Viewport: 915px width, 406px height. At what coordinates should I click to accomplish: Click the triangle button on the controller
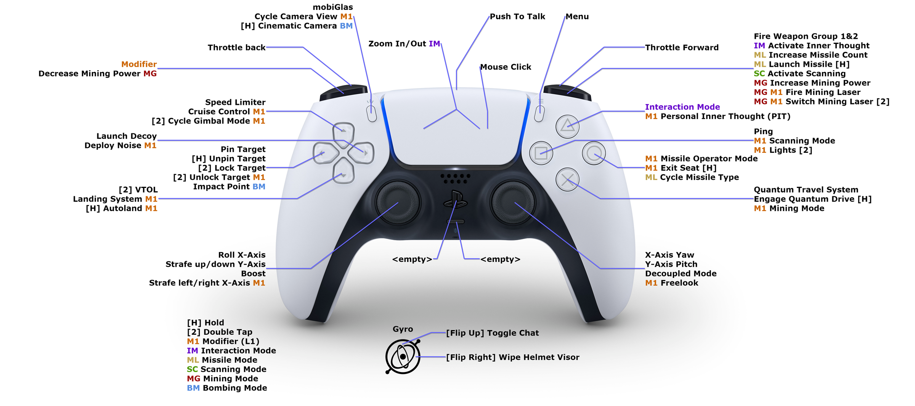(x=567, y=126)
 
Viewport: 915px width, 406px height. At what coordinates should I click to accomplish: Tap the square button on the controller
(x=541, y=153)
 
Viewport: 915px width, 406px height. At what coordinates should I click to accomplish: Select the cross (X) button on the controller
(x=567, y=180)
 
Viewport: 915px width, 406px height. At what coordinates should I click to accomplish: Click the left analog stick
(x=398, y=202)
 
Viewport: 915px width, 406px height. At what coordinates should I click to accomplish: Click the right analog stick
(x=513, y=202)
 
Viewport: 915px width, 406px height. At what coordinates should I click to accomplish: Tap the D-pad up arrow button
(x=344, y=132)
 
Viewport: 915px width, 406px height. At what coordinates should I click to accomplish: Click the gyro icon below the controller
(x=403, y=356)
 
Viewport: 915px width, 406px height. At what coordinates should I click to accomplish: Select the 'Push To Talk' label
(x=517, y=16)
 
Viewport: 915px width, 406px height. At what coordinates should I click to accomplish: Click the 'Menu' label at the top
(x=577, y=16)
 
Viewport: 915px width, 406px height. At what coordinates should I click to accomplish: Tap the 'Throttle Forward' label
(x=682, y=48)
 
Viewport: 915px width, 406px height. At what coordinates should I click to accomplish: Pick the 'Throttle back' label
(x=236, y=48)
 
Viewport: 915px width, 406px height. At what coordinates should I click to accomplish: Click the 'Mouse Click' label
(x=506, y=67)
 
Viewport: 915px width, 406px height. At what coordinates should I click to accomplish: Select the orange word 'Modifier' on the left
(x=139, y=64)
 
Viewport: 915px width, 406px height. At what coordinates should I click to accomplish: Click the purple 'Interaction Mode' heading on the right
(x=682, y=107)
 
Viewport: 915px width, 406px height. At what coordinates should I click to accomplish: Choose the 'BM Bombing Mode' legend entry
(x=227, y=388)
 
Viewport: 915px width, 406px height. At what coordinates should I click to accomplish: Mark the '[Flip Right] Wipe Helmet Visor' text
(x=512, y=357)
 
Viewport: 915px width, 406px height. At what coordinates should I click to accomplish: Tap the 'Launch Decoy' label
(x=126, y=136)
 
